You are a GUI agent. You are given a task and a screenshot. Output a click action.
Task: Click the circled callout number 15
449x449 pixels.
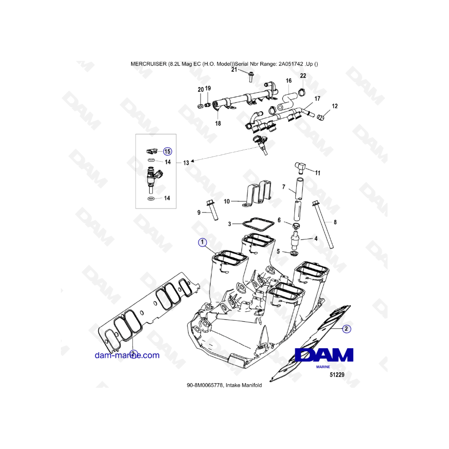(x=168, y=151)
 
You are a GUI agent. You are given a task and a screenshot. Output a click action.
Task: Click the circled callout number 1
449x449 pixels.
(x=202, y=242)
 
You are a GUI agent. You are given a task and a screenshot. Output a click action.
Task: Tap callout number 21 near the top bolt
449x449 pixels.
(x=234, y=69)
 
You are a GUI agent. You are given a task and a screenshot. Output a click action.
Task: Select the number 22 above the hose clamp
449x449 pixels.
(x=303, y=76)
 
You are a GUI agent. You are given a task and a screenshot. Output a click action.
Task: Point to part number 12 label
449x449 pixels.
(x=335, y=106)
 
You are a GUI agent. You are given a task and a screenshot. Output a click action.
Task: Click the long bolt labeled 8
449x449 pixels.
(x=323, y=224)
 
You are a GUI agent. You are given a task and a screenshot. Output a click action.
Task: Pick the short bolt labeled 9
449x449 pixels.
(x=212, y=210)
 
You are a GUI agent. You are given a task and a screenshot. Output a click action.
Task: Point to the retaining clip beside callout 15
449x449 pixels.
(x=152, y=150)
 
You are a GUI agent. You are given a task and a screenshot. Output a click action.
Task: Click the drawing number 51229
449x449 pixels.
(x=337, y=375)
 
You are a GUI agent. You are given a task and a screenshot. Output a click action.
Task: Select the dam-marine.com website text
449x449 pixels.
(x=127, y=355)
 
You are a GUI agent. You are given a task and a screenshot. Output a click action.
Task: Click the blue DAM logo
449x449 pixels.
(x=324, y=355)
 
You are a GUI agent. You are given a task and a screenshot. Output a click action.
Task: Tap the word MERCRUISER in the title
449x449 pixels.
(x=149, y=64)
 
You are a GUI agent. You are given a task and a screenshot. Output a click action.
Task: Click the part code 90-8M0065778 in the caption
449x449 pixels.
(x=205, y=385)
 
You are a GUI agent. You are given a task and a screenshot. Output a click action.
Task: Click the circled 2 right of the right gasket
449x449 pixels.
(x=346, y=329)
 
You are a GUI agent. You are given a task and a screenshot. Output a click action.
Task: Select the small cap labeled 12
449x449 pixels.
(x=321, y=117)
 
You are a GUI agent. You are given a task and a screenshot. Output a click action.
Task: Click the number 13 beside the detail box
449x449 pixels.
(x=186, y=163)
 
